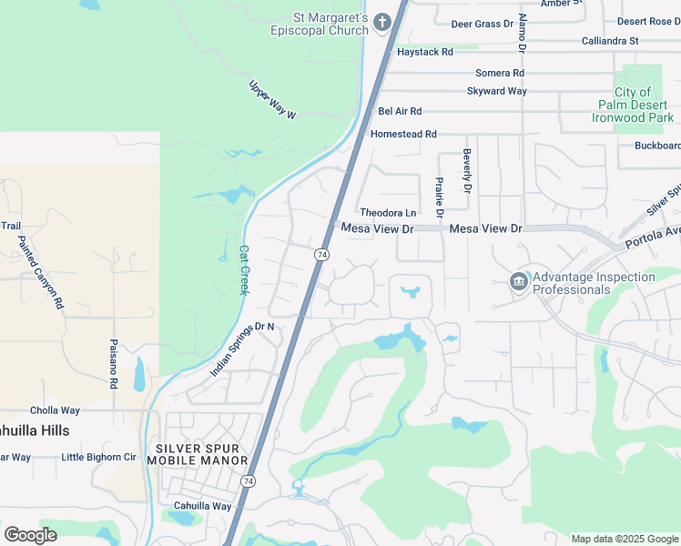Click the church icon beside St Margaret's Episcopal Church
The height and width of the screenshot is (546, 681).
click(x=382, y=21)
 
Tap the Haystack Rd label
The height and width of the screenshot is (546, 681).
click(x=424, y=53)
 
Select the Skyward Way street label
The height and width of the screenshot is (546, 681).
click(x=497, y=91)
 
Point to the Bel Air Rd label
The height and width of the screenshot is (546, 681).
click(x=400, y=111)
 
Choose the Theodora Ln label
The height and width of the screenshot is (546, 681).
click(x=388, y=213)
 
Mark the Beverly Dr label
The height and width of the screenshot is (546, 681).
click(x=467, y=171)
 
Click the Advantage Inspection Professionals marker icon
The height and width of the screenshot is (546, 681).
click(x=519, y=282)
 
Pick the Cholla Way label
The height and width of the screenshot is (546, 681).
click(x=56, y=410)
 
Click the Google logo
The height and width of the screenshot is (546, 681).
click(x=30, y=534)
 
